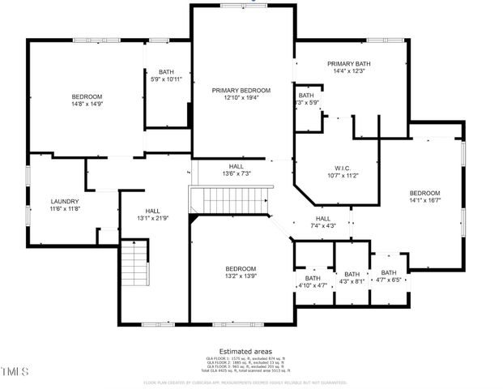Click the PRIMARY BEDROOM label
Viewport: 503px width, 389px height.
(x=241, y=91)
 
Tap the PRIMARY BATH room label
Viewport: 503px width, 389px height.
(x=348, y=64)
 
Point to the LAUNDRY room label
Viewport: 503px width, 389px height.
(x=64, y=202)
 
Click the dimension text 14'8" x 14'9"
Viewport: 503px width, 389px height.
(x=87, y=104)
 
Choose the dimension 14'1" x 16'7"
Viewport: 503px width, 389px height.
(x=424, y=200)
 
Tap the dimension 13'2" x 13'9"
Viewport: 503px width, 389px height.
(x=241, y=276)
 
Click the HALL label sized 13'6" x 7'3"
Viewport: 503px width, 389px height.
(x=236, y=166)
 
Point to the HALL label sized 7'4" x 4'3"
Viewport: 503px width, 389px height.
(x=322, y=219)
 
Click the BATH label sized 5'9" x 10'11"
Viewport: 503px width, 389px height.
(x=166, y=72)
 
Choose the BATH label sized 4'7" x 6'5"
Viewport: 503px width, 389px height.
(x=389, y=273)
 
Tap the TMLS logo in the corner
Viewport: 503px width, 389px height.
(x=15, y=371)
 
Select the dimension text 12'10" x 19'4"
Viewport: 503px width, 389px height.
(x=241, y=98)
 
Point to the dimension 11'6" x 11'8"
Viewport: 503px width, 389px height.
(x=64, y=209)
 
